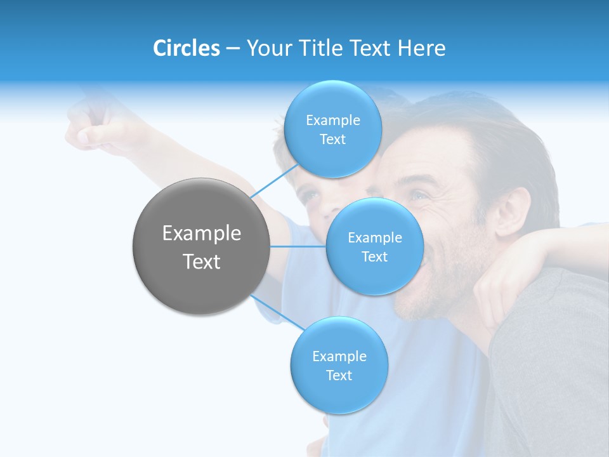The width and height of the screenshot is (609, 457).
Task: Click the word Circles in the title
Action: point(186,48)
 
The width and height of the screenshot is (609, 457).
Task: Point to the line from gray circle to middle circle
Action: point(298,246)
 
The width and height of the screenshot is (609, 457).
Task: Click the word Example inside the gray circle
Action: point(201,234)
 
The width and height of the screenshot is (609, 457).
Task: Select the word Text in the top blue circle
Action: point(332,140)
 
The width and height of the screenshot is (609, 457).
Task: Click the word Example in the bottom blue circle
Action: point(339,356)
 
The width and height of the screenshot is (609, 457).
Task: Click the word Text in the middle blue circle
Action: point(374,257)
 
